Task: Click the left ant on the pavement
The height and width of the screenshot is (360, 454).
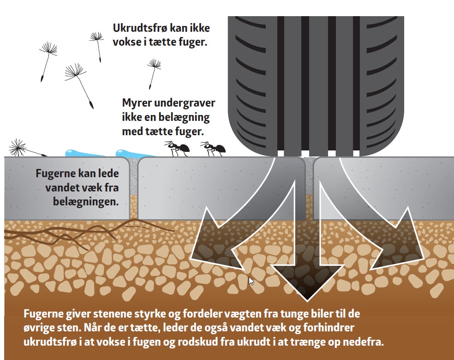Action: [178, 149]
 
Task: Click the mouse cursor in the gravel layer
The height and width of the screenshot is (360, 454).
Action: [251, 281]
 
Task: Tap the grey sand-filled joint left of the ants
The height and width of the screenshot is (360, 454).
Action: [133, 175]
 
